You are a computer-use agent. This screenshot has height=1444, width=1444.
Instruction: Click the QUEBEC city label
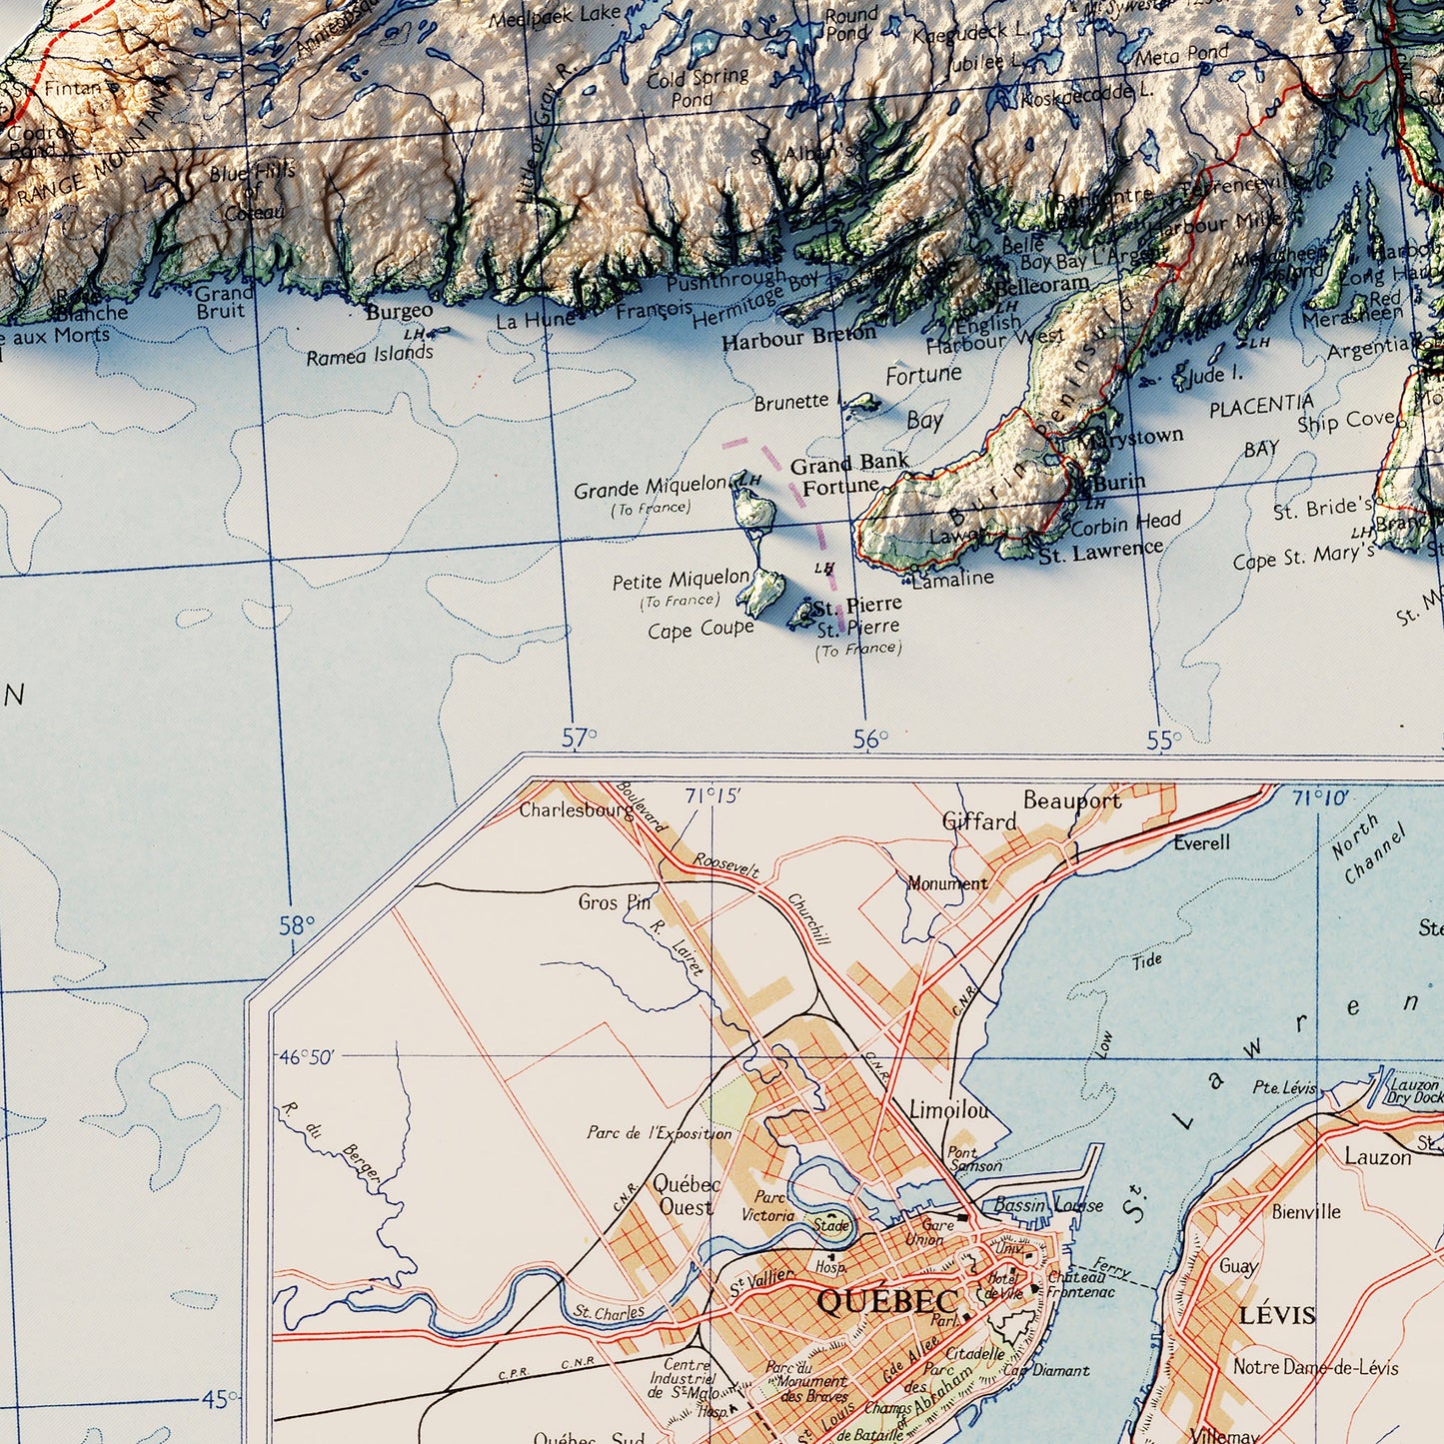point(886,1300)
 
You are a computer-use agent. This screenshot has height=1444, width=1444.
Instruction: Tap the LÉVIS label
point(1276,1315)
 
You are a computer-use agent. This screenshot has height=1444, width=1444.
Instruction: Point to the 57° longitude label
point(579,737)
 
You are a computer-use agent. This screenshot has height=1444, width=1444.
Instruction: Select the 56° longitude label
point(870,738)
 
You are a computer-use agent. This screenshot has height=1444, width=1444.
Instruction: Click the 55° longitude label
point(1163,739)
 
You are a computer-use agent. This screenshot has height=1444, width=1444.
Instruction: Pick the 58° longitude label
point(297,925)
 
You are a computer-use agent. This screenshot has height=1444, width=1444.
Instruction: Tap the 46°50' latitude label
point(307,1057)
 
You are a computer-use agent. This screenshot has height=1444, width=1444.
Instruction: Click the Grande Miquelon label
point(650,488)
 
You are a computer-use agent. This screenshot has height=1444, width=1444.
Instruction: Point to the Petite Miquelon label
point(680,579)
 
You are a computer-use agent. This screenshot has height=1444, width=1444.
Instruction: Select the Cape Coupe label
point(700,630)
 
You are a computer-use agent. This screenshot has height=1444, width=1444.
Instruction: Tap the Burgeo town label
point(399,311)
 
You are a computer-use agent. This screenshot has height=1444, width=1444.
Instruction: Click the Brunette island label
point(790,402)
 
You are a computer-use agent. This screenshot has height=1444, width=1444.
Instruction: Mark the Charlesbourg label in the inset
point(576,809)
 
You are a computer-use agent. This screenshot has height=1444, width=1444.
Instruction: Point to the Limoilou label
point(948,1109)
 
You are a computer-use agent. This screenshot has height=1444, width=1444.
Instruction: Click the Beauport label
point(1071,799)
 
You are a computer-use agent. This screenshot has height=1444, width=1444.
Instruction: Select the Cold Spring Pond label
point(697,87)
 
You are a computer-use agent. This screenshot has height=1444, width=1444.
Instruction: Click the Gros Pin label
point(614,902)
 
